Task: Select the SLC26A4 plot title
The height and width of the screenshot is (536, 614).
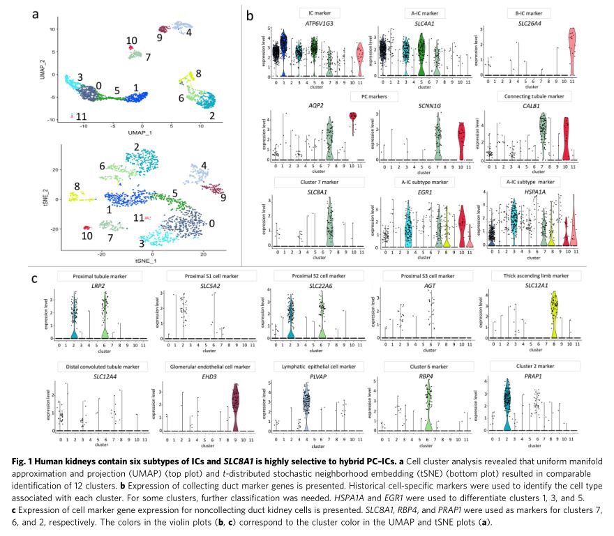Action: coord(530,24)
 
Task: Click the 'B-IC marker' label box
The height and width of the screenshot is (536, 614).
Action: coord(530,13)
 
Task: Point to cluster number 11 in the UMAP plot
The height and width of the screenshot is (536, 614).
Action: coord(81,116)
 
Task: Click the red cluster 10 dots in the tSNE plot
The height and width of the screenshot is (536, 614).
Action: coord(86,227)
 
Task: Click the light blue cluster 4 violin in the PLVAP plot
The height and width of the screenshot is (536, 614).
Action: coord(304,404)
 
